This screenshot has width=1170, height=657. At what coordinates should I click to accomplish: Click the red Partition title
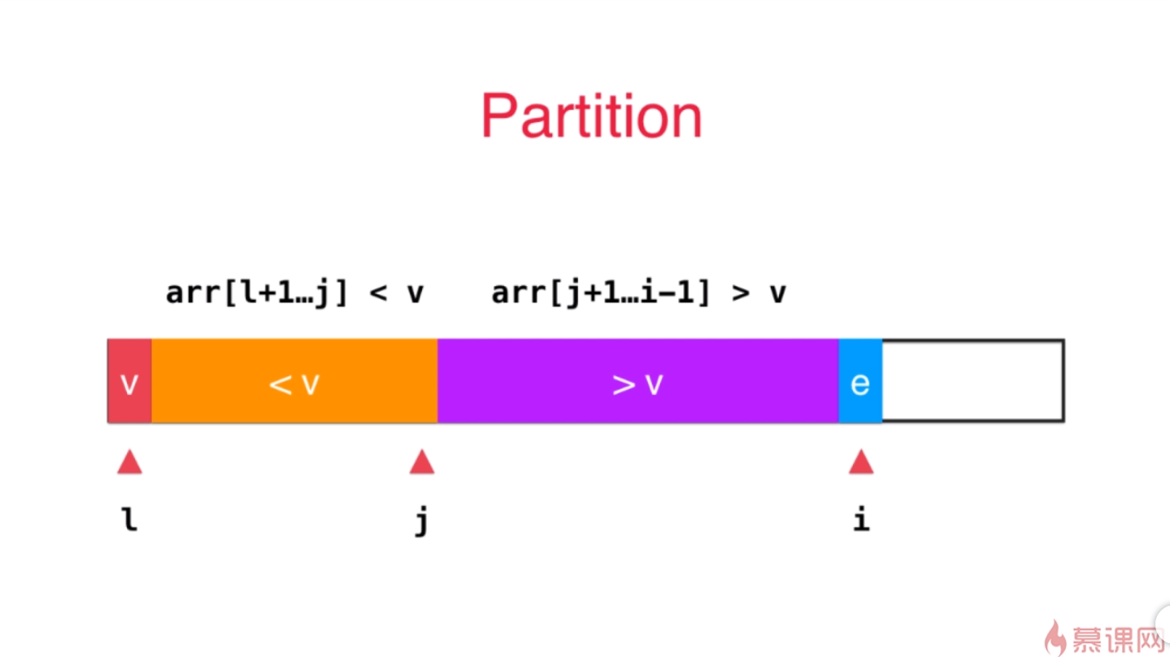pos(591,116)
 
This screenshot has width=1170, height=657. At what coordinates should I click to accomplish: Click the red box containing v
pos(129,381)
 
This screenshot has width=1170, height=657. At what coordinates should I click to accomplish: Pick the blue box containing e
pos(860,381)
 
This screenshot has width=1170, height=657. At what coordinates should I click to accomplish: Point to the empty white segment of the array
pos(972,381)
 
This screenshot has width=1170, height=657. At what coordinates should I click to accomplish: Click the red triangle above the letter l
pos(129,463)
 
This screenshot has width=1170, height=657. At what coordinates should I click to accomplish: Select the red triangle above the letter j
pos(421,463)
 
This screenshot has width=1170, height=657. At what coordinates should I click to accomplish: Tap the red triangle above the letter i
pos(861,463)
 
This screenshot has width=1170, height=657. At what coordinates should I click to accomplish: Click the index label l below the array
pos(129,519)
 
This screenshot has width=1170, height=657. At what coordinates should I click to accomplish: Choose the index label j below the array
pos(421,520)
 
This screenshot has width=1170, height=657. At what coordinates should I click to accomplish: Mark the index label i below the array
pos(861,519)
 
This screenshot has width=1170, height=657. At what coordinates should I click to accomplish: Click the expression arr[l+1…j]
pos(257,292)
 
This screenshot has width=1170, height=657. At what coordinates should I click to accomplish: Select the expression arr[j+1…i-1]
pos(602,292)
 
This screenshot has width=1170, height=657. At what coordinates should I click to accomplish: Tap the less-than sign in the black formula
pos(378,293)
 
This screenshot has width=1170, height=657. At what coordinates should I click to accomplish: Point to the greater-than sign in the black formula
pos(741,293)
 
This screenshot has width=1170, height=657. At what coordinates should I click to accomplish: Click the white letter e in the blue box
pos(860,383)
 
